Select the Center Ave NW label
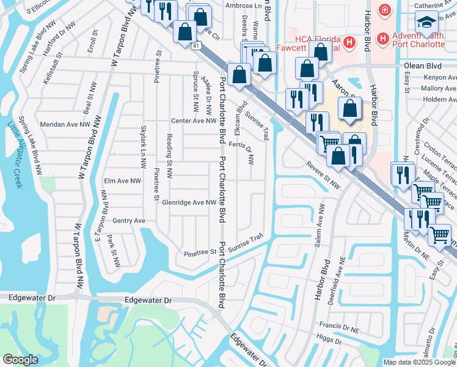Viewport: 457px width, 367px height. point(194,120)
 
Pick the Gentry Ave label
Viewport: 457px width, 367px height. point(129,221)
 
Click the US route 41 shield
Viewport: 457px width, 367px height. point(195,46)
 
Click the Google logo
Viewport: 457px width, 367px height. point(21,360)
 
